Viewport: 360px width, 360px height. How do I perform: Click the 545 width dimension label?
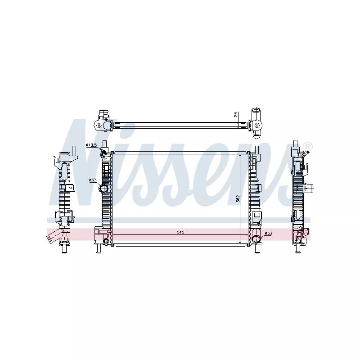tap(180, 232)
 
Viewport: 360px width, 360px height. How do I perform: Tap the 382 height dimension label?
tap(238, 198)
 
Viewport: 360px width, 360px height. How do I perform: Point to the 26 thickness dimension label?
tap(236, 115)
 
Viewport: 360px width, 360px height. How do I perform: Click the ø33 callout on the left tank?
tap(93, 180)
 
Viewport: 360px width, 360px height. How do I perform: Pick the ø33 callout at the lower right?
tap(268, 233)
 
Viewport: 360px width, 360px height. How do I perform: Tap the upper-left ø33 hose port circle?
tap(103, 189)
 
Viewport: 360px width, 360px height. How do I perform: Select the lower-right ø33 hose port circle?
tap(256, 239)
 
